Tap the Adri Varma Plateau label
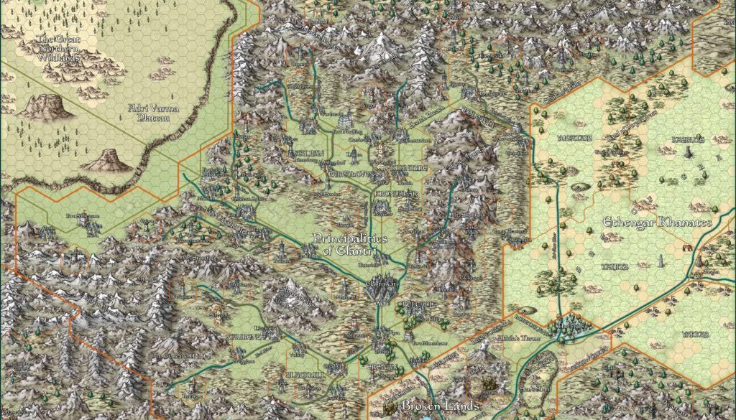(153, 113)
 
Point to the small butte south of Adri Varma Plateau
(106, 159)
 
